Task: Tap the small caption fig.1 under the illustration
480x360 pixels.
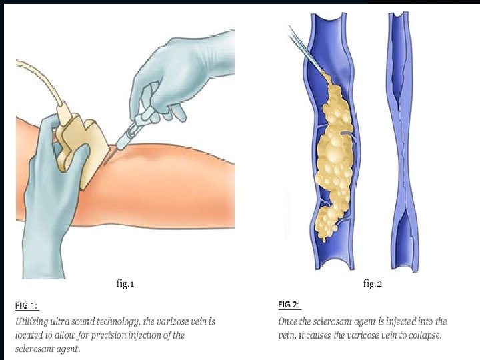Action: pos(125,284)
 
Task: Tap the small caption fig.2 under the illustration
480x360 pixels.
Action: pos(372,284)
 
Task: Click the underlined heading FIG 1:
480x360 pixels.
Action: pos(27,306)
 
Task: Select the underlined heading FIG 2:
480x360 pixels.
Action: pos(289,305)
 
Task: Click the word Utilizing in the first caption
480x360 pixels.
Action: pos(33,321)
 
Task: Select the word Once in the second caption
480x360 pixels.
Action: pos(289,321)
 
